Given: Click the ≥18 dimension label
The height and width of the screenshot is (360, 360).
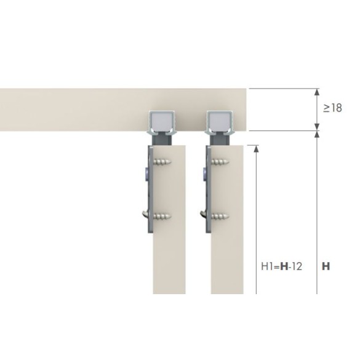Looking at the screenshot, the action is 332,108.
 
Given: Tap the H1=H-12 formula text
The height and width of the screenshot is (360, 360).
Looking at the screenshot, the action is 281,266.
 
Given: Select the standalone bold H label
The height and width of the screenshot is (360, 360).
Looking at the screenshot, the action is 326,266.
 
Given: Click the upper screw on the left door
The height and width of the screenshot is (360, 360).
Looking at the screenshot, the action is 162,162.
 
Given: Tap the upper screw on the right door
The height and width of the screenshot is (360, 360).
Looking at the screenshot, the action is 220,162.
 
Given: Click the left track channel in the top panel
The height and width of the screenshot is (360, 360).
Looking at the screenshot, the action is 162,123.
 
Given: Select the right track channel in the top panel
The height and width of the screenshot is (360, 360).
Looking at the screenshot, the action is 220,123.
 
